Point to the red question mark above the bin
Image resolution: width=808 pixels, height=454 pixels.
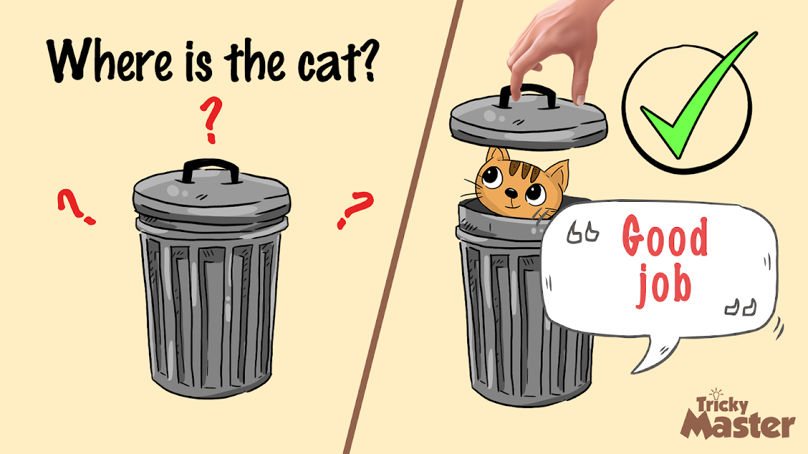[211, 120]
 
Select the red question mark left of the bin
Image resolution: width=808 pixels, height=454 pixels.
[76, 207]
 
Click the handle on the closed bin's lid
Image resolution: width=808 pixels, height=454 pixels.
[211, 171]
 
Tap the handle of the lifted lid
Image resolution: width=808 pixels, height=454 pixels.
[528, 95]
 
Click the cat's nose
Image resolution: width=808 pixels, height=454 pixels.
[511, 193]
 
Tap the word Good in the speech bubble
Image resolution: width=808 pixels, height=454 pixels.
[665, 236]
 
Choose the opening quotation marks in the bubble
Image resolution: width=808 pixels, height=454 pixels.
[583, 233]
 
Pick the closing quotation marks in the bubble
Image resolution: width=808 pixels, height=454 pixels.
[740, 307]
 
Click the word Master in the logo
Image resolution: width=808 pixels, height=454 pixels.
[737, 426]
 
